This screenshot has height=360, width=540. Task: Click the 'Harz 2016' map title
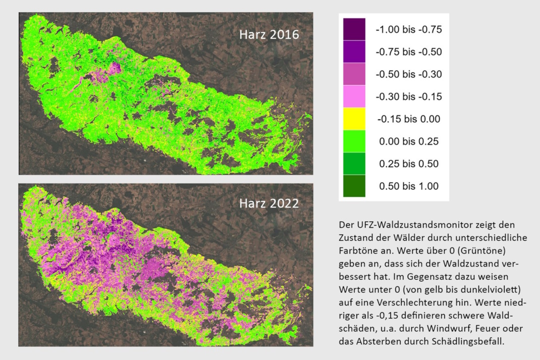point(269,35)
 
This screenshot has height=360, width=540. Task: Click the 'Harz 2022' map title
point(269,203)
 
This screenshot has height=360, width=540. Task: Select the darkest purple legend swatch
point(354,29)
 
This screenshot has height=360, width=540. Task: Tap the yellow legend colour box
point(354,119)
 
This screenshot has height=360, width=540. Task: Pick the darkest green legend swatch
point(354,186)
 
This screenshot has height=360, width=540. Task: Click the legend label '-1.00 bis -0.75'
point(408,29)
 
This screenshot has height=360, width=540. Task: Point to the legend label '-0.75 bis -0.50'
point(408,52)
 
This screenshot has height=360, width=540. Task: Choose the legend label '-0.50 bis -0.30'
point(408,75)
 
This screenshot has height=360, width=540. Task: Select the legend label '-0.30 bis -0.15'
point(408,97)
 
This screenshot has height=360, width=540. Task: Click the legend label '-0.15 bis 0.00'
point(409,119)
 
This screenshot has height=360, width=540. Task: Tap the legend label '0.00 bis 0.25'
point(409,141)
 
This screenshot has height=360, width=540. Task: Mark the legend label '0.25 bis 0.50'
point(409,164)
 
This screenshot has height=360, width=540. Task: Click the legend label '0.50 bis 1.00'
point(409,186)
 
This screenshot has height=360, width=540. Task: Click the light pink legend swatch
point(354,97)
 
